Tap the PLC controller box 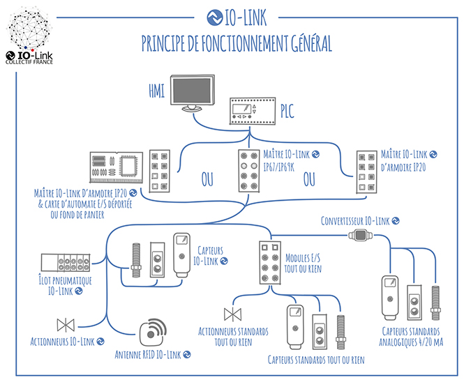tap(253, 111)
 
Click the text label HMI tap(156, 91)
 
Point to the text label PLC tap(287, 111)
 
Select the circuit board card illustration tap(117, 167)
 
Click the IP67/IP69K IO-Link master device tap(249, 171)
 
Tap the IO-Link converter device tap(361, 236)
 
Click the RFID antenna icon tap(152, 332)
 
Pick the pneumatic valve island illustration tap(66, 263)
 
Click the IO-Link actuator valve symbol tap(66, 325)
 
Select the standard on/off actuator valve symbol tap(233, 314)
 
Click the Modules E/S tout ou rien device tap(270, 263)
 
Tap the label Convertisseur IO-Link tap(355, 221)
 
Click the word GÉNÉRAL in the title tap(311, 43)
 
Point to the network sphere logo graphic tap(29, 29)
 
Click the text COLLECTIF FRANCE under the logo tap(29, 62)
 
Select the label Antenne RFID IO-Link tap(148, 355)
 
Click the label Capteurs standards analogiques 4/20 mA tap(411, 337)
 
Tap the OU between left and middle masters tap(207, 179)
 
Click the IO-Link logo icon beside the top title tap(215, 17)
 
